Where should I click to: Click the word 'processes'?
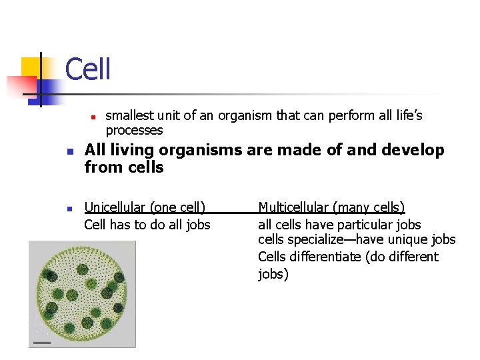(x=134, y=130)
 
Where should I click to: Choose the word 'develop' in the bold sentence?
(x=413, y=150)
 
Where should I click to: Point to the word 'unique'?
(x=406, y=240)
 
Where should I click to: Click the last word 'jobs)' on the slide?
(x=273, y=274)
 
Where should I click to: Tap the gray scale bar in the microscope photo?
(x=42, y=343)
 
